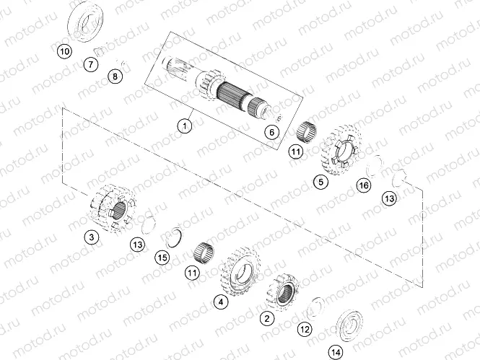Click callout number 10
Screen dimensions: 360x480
pos(64,52)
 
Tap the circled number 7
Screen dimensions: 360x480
pos(91,65)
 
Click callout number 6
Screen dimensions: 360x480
pos(271,132)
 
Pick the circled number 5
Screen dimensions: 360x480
pos(320,183)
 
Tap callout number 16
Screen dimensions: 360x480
pos(364,187)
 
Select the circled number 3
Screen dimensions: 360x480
pos(90,236)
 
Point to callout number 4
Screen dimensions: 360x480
pos(219,303)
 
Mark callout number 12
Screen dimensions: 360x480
pos(305,329)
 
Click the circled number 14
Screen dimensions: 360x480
pos(335,352)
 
